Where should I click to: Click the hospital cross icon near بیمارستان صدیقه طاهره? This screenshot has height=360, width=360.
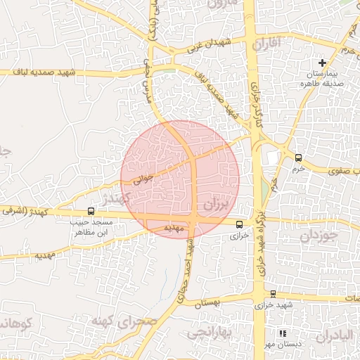click(x=322, y=63)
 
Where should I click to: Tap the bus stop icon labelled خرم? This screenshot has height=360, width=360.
click(x=299, y=157)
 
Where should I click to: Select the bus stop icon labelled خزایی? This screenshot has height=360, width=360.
click(x=239, y=224)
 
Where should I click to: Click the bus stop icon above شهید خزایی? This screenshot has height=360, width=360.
click(x=273, y=293)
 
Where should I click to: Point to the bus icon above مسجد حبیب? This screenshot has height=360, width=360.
click(x=91, y=210)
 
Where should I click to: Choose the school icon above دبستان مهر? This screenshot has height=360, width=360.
click(x=283, y=333)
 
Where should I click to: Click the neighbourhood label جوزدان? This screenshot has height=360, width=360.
click(x=320, y=236)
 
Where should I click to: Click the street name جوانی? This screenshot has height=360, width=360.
click(x=143, y=179)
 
